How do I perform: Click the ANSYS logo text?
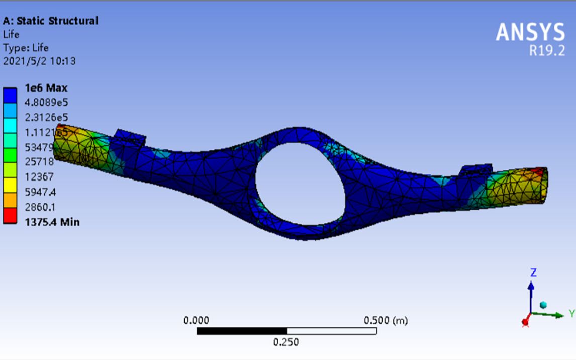pos(530,33)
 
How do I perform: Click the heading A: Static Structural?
pos(51,21)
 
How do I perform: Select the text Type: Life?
pos(26,48)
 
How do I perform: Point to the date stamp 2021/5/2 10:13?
pos(40,61)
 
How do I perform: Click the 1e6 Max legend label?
pos(46,88)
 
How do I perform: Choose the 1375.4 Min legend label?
pos(52,222)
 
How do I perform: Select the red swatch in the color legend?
pos(10,218)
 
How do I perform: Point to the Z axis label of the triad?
pos(533,273)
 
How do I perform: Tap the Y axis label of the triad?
pos(571,314)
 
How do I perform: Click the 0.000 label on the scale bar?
pos(197,320)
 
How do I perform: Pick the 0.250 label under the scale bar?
pos(286,342)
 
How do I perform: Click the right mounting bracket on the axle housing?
pos(476,171)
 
